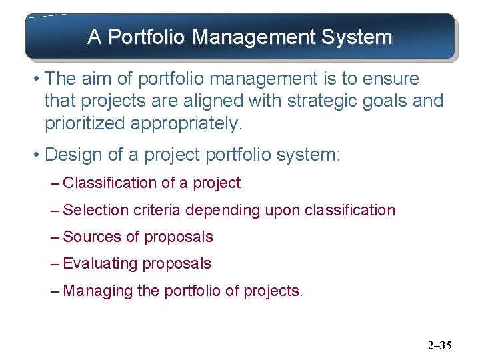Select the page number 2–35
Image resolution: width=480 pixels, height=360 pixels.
tap(439, 345)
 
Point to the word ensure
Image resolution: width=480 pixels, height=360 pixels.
tap(391, 79)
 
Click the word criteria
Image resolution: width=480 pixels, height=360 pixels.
tap(157, 210)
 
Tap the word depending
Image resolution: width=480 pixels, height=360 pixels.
tap(223, 210)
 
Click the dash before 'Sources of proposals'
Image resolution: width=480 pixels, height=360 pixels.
tap(55, 237)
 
